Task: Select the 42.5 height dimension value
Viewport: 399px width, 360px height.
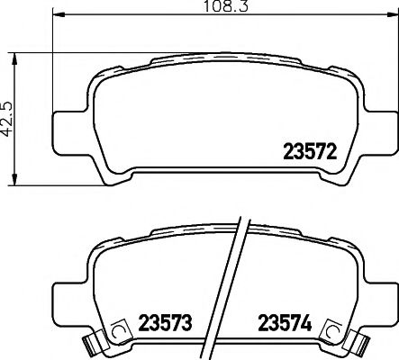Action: coord(9,117)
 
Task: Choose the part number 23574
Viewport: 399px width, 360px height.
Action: coord(286,322)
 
